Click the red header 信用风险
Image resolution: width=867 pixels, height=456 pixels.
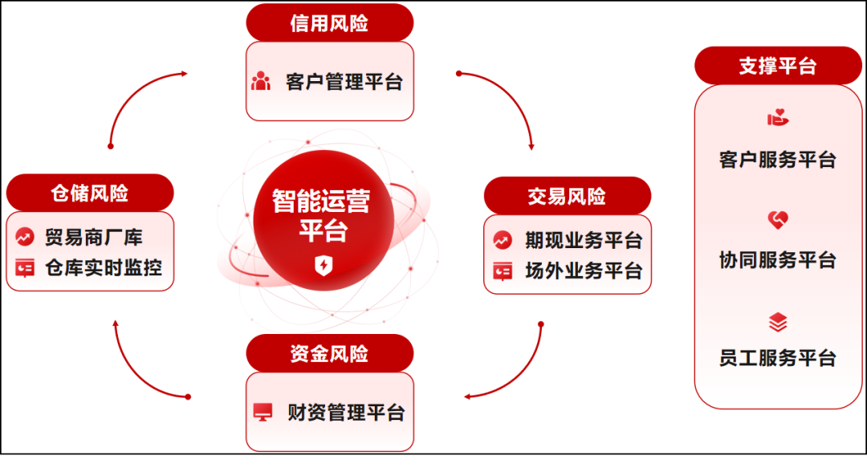tap(329, 22)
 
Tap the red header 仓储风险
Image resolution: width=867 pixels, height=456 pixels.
tap(89, 193)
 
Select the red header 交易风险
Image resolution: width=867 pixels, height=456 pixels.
tap(567, 196)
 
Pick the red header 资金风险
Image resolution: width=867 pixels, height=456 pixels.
tap(329, 353)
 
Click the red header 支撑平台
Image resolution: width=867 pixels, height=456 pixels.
tap(777, 66)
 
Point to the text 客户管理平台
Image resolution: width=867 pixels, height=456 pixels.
tap(344, 82)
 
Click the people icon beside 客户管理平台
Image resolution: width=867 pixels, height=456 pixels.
tap(261, 82)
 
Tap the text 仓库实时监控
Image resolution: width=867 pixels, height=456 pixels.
tap(104, 267)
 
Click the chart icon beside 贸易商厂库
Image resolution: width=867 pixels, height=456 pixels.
tap(25, 238)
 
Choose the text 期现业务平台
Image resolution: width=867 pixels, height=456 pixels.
tap(584, 240)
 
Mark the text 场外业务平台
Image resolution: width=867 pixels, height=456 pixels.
tap(584, 271)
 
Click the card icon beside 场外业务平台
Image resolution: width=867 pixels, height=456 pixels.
tap(503, 271)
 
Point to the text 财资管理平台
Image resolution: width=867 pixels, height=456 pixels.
tap(346, 413)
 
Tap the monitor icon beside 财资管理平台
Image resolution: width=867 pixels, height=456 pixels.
tap(263, 413)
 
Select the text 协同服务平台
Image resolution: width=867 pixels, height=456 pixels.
tap(777, 260)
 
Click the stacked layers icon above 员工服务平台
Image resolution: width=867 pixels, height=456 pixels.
tap(777, 323)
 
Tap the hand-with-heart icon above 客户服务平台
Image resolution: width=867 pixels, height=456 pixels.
tap(777, 118)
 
